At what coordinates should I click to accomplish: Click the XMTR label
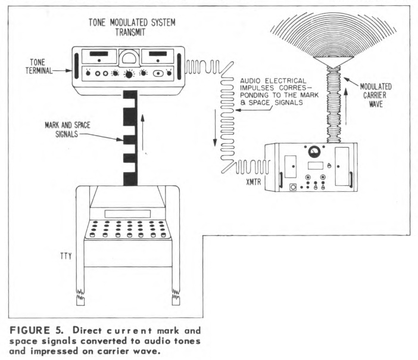tap(253, 182)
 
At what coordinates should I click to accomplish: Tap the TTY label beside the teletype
tap(66, 256)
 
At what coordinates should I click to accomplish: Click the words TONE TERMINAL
tap(39, 66)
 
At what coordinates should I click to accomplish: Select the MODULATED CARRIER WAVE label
tap(376, 95)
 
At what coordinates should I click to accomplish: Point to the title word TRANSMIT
tap(130, 32)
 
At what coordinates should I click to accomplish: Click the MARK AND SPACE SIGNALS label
tap(67, 129)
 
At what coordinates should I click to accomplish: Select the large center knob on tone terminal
tap(129, 74)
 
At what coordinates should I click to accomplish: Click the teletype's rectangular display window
tap(127, 214)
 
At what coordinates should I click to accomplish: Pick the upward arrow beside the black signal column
tap(143, 132)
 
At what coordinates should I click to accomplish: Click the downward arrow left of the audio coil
tap(215, 128)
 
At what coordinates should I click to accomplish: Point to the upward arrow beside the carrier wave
tap(346, 107)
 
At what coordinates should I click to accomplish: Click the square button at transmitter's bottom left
tap(293, 187)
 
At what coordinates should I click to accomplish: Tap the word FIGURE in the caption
tap(30, 330)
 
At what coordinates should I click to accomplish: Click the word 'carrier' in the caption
tap(114, 351)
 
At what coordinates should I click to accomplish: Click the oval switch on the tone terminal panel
tap(158, 73)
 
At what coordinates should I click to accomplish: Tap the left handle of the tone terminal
tap(76, 66)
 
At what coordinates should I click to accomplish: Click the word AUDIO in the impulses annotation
tap(251, 81)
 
